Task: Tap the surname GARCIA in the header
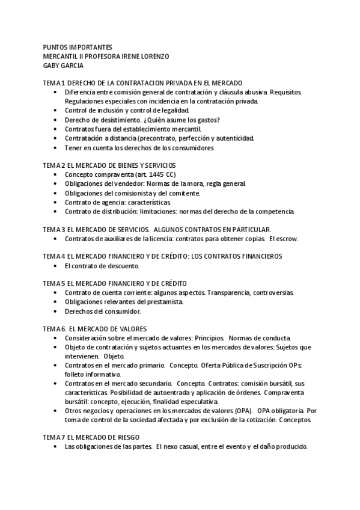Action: click(x=72, y=66)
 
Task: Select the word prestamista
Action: click(x=162, y=302)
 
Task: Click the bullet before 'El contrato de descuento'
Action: click(x=55, y=266)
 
